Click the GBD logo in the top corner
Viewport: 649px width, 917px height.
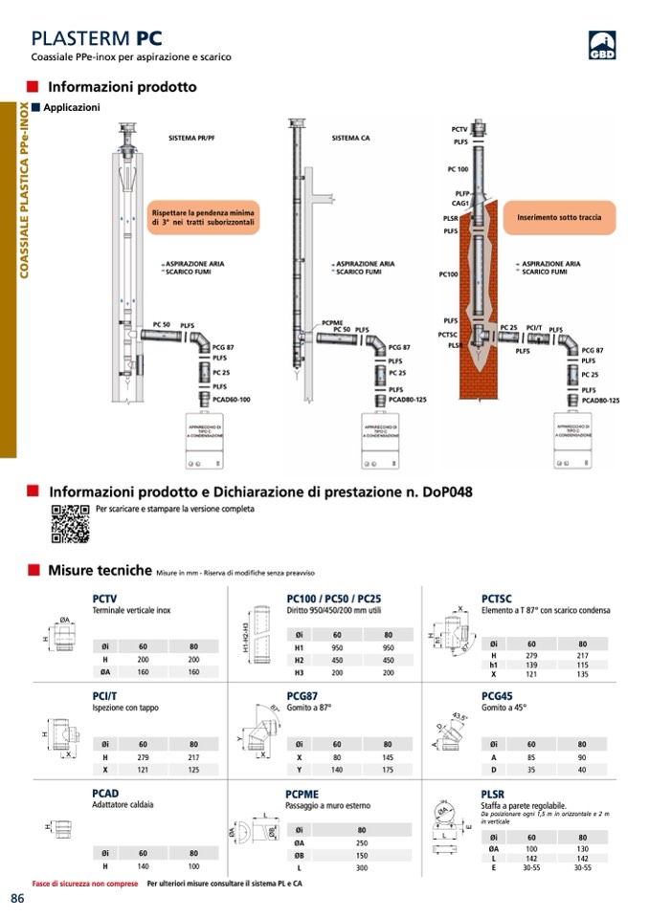[601, 46]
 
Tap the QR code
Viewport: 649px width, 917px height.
[70, 523]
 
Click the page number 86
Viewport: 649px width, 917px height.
[17, 897]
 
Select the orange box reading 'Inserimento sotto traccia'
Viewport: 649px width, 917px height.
[559, 218]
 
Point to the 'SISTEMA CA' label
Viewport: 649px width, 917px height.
[351, 139]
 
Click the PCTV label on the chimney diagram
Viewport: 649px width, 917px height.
[459, 129]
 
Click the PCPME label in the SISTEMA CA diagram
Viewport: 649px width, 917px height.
[333, 322]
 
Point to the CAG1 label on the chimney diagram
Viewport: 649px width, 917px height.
[460, 203]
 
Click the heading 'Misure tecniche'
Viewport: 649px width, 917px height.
[100, 571]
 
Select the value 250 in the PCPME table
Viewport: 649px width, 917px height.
[362, 842]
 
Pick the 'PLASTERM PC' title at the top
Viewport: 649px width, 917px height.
[97, 38]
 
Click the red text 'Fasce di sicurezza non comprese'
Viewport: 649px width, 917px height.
[85, 884]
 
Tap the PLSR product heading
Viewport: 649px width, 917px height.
[494, 794]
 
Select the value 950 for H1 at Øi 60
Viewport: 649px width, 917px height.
[337, 646]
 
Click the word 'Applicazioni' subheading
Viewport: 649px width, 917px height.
[72, 107]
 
